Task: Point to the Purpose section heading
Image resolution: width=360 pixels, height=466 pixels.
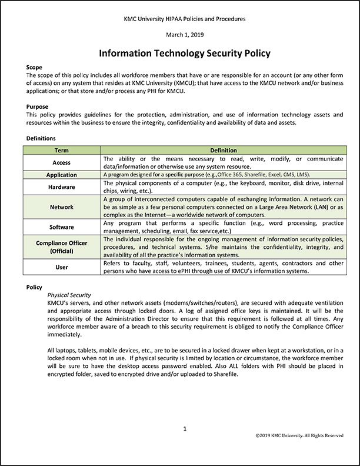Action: (x=38, y=106)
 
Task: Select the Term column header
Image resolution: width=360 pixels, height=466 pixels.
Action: (x=62, y=151)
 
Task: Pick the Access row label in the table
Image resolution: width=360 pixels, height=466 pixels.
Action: (x=62, y=162)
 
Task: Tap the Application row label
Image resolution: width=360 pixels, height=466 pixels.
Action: (x=62, y=175)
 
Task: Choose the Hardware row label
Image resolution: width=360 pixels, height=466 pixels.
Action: (x=62, y=187)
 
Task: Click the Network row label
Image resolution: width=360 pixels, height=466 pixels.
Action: (x=62, y=207)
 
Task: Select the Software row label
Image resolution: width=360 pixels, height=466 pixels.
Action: (x=62, y=227)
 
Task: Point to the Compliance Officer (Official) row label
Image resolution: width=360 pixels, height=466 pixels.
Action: (x=62, y=247)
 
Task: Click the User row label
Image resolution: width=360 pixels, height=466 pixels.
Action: (x=62, y=267)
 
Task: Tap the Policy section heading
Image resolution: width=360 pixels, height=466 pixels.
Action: (x=35, y=287)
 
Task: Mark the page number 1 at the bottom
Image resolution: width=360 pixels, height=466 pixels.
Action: (x=185, y=429)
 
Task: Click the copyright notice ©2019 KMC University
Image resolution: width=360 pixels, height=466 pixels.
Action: (x=299, y=435)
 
